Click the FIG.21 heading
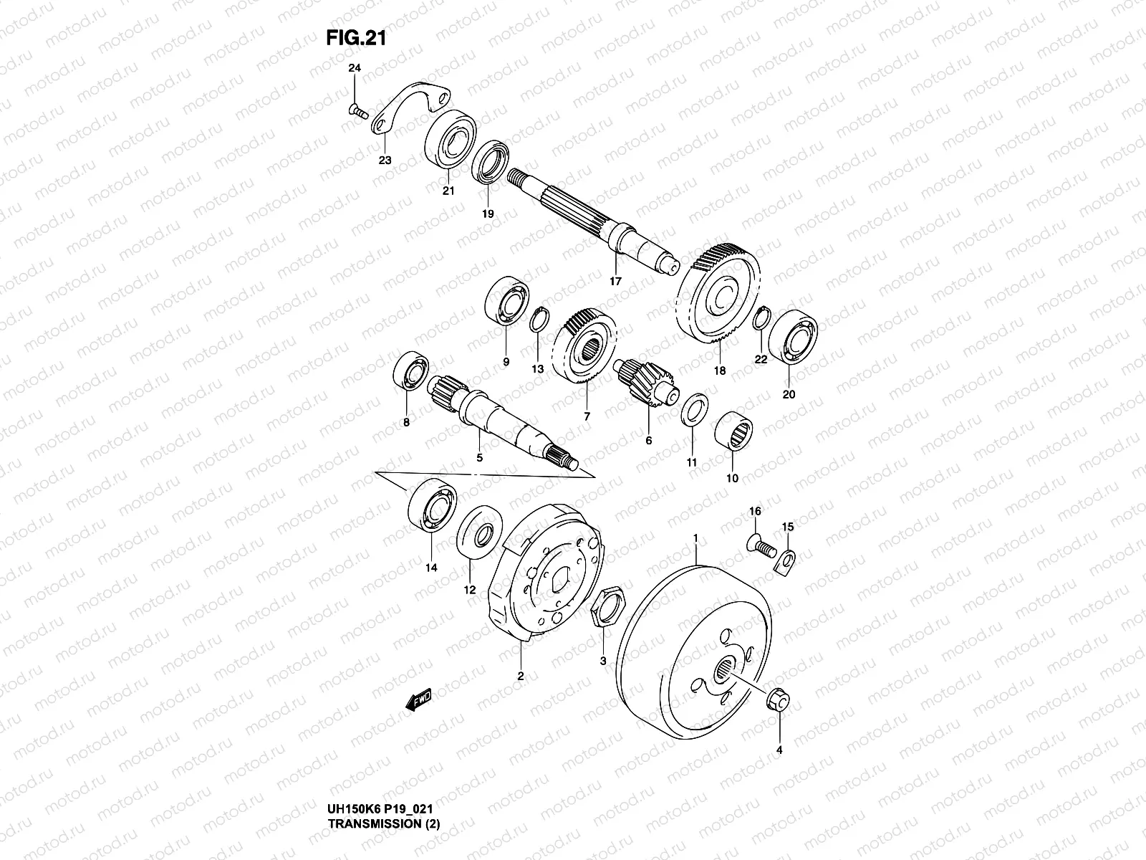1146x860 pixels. click(356, 37)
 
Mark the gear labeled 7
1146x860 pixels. click(585, 348)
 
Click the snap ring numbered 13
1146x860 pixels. click(537, 320)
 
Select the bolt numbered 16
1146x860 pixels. click(761, 545)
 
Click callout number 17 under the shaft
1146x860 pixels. click(615, 281)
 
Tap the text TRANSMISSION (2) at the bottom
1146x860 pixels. click(383, 844)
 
